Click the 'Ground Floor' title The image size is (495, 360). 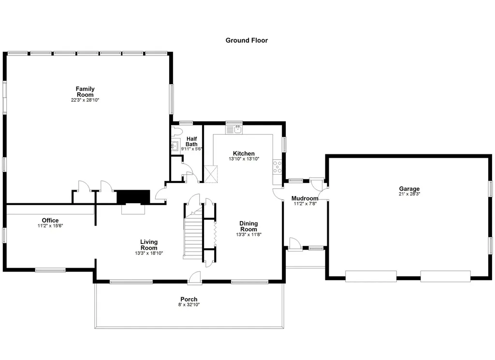[247, 41]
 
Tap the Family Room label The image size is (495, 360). [85, 92]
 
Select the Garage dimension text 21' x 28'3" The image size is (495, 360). [409, 194]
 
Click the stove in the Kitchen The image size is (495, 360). [278, 167]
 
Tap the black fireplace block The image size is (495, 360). [131, 196]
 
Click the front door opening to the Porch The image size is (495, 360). [195, 277]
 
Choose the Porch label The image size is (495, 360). [189, 300]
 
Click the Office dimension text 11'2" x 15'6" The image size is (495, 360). [50, 225]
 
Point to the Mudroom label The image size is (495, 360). [305, 198]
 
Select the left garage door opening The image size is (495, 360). [371, 276]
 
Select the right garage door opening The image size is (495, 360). [445, 276]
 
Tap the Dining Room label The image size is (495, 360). [249, 226]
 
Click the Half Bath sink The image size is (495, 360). [175, 145]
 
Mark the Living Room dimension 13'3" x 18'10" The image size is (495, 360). [149, 253]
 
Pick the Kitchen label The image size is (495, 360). [244, 153]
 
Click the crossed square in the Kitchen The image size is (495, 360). [211, 174]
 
